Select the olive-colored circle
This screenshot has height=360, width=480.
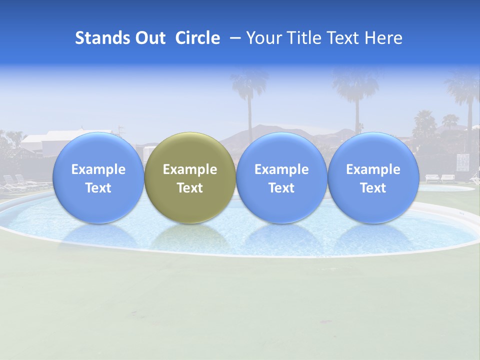tap(190, 177)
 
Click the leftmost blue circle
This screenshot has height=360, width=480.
tap(98, 177)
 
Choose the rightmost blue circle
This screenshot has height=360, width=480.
tap(373, 177)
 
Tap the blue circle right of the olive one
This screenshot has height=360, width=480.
tap(281, 177)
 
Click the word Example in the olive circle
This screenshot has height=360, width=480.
tap(190, 169)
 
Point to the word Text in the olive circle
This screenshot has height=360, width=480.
tap(190, 188)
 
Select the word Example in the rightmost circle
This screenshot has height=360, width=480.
tap(373, 169)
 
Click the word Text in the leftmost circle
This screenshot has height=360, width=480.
tap(98, 188)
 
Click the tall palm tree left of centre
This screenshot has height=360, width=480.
tap(248, 100)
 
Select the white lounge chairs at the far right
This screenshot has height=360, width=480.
tap(440, 177)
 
